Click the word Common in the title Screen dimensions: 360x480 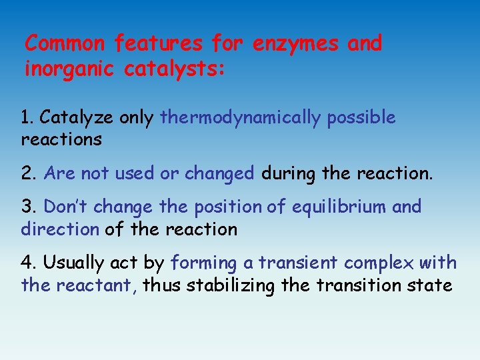(x=65, y=44)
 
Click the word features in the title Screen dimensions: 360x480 (x=158, y=44)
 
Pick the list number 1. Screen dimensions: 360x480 (x=26, y=118)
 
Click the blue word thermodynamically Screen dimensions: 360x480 (x=241, y=118)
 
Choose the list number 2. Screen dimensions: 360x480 (x=27, y=174)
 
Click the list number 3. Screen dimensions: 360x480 (x=27, y=207)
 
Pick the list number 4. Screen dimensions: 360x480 (x=27, y=263)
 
